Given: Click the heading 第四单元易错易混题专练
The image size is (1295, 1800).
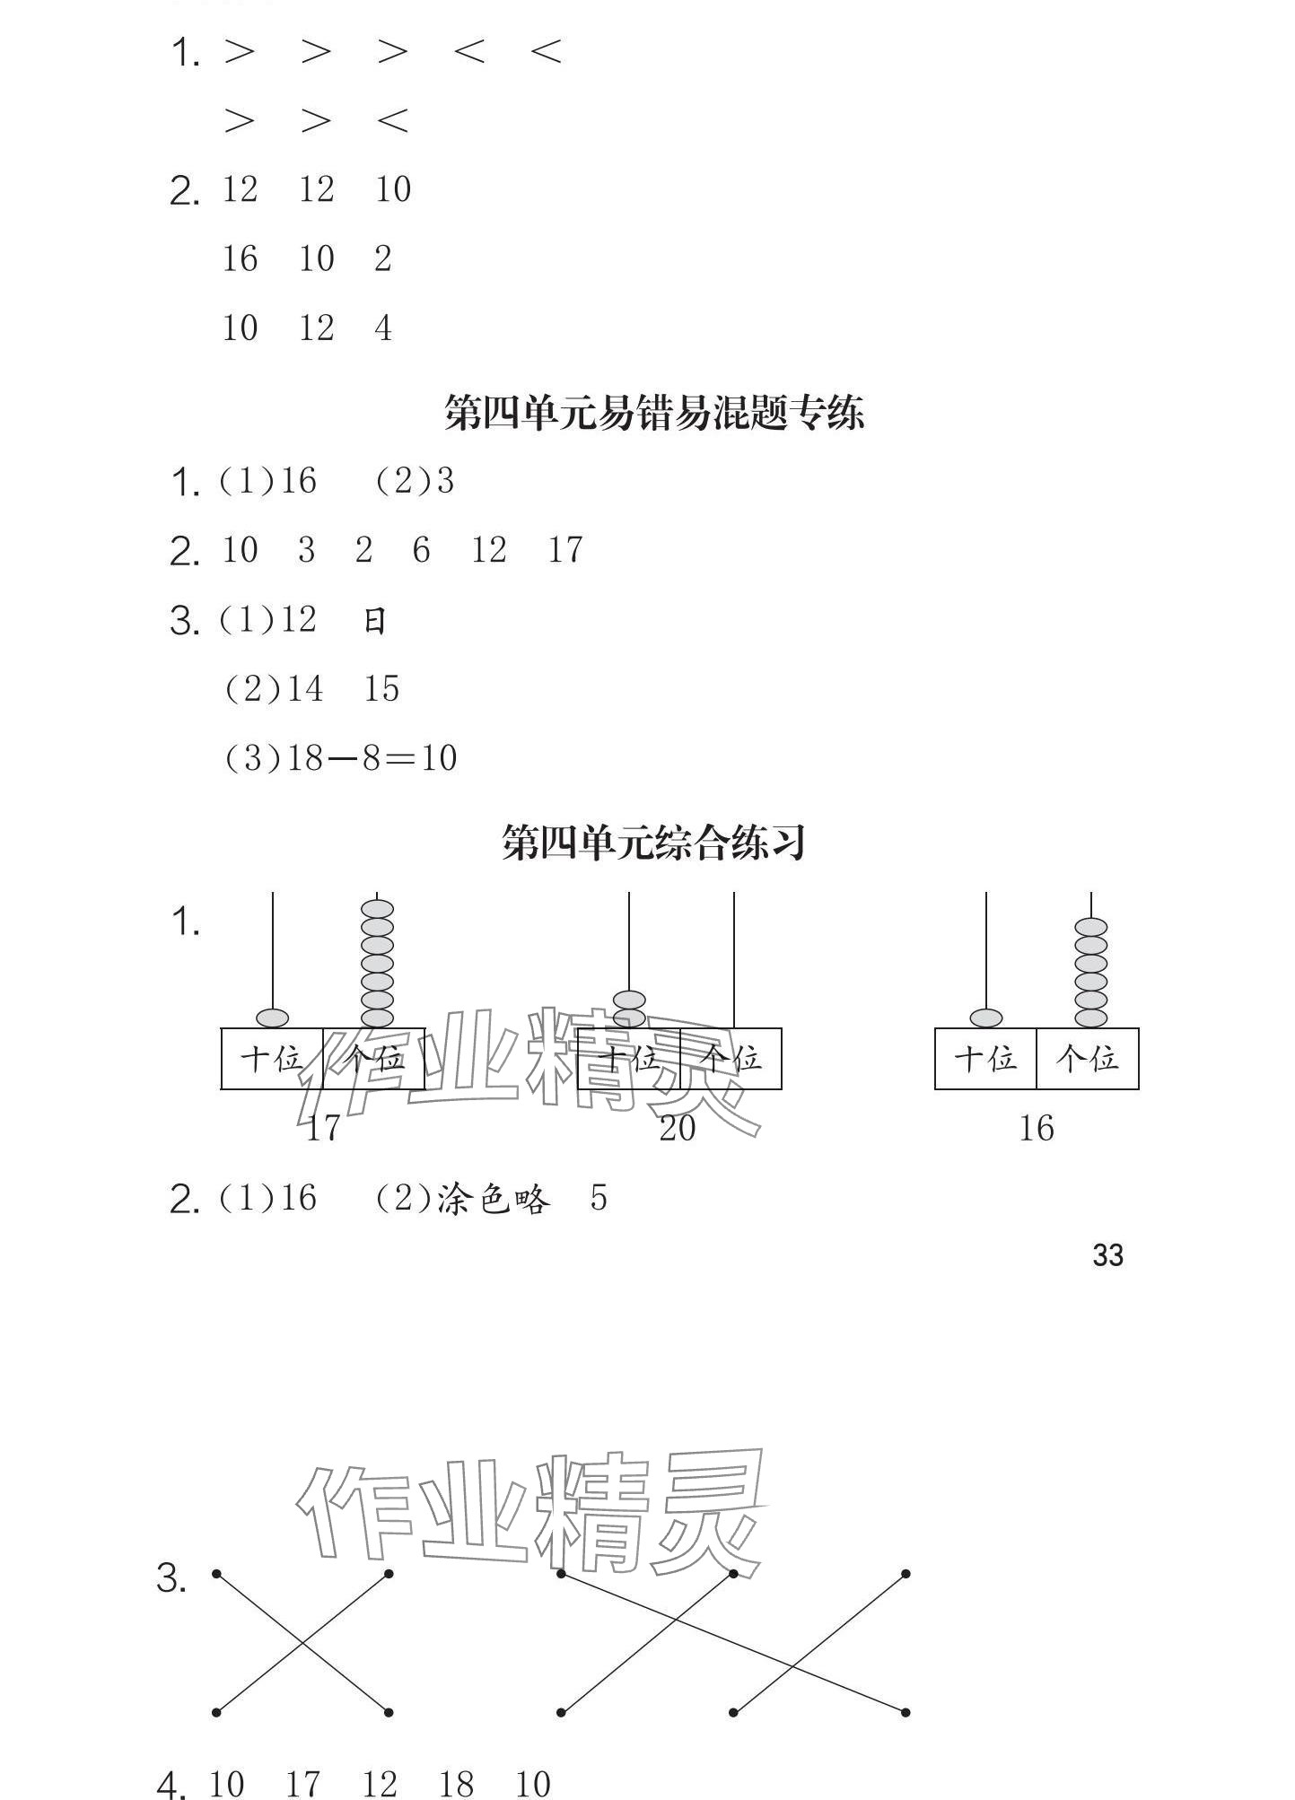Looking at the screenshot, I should pos(653,414).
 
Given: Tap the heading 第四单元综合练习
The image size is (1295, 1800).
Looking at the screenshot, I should pos(653,843).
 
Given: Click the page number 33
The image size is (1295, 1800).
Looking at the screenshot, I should pos(1107,1255).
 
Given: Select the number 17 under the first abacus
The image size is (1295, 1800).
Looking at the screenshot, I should pos(322,1128).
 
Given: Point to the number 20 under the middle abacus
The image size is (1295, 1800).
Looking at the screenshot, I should pos(678,1128).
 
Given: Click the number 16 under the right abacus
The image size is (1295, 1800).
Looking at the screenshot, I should pos(1036,1128).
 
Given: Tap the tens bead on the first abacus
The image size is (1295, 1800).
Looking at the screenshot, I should pos(272,1018).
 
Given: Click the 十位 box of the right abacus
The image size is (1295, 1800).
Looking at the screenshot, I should pos(985,1059).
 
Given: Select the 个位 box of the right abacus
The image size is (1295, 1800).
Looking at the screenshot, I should pos(1088,1059).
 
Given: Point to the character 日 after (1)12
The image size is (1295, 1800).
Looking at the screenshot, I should pos(375,621).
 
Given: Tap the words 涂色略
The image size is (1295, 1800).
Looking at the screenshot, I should pos(493,1199).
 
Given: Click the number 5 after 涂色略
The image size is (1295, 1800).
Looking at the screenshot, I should pos(599,1199).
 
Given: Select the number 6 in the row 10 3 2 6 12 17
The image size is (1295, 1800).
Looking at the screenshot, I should pos(421,550).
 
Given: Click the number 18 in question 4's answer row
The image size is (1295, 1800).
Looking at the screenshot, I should pos(456,1785).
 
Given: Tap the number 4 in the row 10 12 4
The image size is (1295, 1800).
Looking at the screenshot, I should pos(383,328).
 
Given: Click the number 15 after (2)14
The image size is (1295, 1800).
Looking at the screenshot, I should pos(381,689).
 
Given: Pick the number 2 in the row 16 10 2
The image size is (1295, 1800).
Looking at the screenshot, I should pos(383,259).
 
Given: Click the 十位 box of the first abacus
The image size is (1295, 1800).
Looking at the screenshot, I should pos(272,1059).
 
